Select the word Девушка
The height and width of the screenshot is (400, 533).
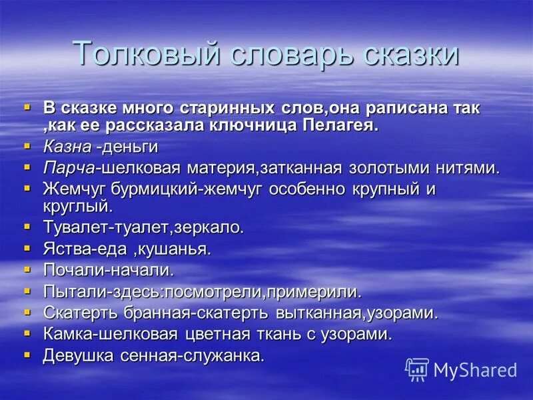(x=79, y=355)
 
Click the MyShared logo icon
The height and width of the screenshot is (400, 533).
(x=417, y=369)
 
